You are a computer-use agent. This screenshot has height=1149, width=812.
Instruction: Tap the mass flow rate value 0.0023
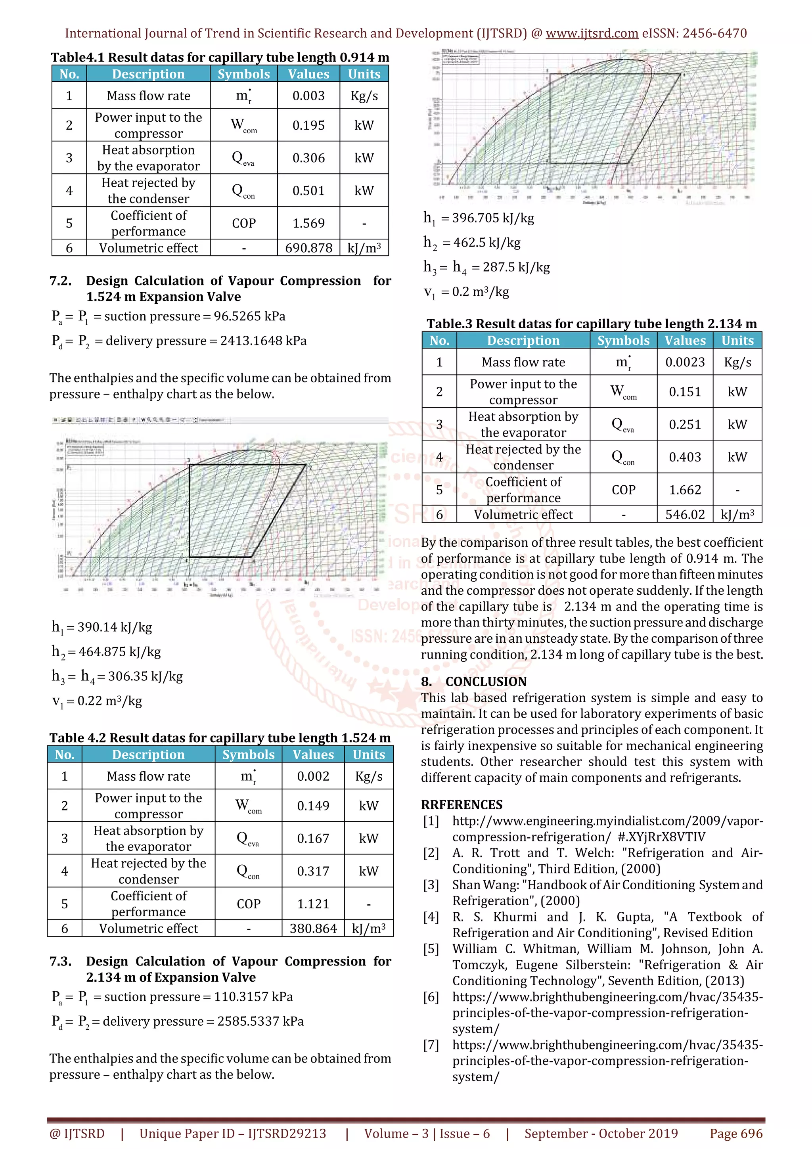[x=684, y=362]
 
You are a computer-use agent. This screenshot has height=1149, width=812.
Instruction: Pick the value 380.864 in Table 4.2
[x=313, y=929]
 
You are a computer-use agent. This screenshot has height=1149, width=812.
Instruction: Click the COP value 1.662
[x=684, y=490]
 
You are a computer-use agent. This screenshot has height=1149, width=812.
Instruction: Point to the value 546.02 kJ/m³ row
[x=684, y=515]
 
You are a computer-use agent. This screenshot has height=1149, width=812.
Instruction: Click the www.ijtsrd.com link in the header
[x=592, y=34]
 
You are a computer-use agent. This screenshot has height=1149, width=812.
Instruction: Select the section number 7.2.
[x=61, y=281]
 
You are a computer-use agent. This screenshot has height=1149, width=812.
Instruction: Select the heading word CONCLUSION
[x=486, y=682]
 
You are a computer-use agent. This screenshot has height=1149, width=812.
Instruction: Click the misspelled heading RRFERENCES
[x=461, y=805]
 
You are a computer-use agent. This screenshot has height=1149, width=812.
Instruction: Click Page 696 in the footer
[x=736, y=1134]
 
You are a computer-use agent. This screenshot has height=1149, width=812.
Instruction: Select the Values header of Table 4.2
[x=313, y=755]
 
